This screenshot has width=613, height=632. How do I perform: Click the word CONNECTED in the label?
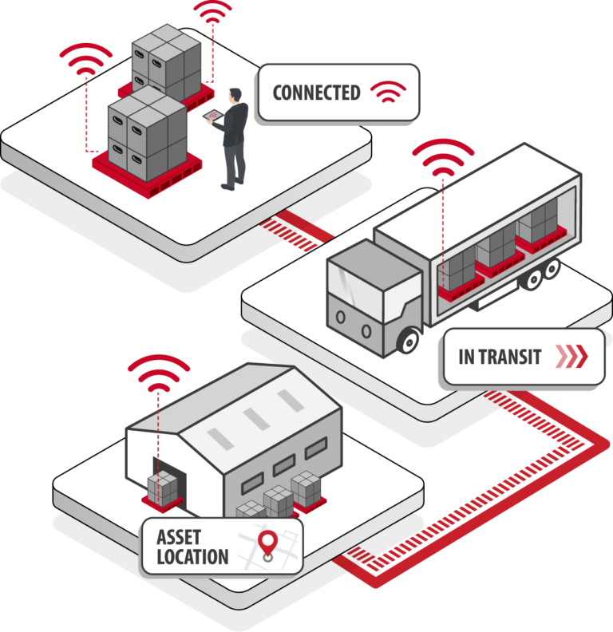[x=316, y=93]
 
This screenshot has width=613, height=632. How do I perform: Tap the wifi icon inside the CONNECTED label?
[x=388, y=93]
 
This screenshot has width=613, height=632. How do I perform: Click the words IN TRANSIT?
[x=500, y=357]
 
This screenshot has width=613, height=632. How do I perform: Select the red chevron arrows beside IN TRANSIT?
[x=570, y=357]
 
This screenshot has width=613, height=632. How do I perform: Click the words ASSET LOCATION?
[x=192, y=547]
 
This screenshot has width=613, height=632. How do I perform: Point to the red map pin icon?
[x=268, y=544]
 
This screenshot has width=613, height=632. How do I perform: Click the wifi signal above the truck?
[x=442, y=157]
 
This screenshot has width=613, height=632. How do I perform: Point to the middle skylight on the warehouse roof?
[x=252, y=419]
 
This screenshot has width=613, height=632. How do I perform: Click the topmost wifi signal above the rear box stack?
[x=213, y=10]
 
